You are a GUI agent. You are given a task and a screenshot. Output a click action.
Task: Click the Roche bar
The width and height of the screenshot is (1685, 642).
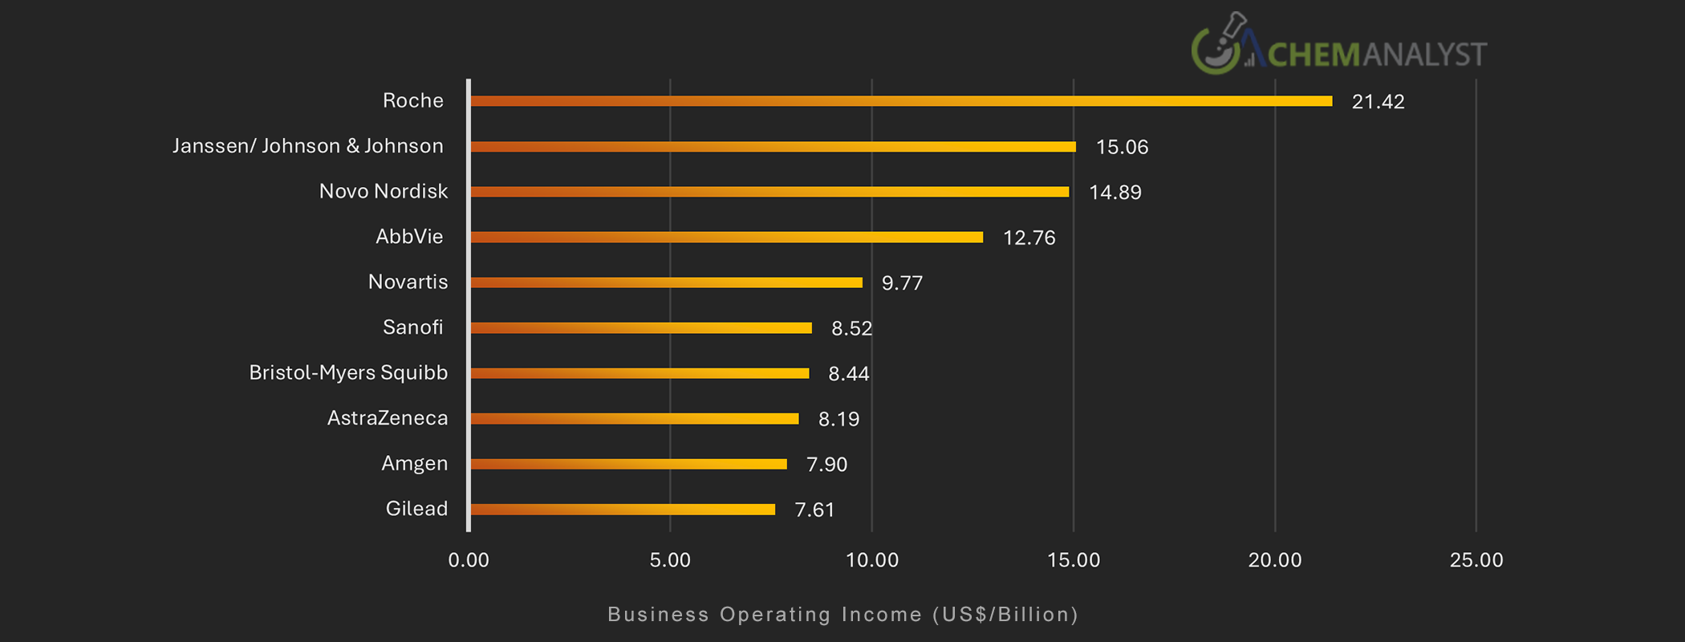900,101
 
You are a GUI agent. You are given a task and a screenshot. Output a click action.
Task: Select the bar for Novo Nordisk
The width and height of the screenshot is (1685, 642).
769,192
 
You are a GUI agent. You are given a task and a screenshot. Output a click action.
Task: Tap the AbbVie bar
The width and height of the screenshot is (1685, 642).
726,237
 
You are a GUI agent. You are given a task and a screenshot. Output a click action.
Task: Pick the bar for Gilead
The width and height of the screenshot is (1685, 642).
622,510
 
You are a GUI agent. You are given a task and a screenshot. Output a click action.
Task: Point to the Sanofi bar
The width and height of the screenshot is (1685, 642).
640,327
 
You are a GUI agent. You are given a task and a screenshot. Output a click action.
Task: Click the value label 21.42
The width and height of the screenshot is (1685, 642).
1378,102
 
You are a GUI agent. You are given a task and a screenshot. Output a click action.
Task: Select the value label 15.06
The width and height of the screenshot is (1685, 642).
1122,147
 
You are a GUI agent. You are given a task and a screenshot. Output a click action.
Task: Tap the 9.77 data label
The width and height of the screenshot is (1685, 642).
902,283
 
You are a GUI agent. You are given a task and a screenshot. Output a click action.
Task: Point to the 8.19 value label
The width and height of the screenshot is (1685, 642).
838,419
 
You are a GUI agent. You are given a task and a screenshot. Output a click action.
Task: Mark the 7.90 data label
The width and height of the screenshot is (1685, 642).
826,465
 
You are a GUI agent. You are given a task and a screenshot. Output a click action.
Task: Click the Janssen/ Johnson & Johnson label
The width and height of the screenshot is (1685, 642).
308,146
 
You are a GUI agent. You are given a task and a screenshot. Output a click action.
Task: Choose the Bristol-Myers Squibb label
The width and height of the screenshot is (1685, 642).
348,373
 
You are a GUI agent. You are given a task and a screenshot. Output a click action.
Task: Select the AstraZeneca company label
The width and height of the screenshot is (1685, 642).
388,418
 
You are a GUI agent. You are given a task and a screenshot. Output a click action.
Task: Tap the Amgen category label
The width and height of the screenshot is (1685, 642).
414,464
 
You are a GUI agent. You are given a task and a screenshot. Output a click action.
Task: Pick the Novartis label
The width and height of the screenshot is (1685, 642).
408,282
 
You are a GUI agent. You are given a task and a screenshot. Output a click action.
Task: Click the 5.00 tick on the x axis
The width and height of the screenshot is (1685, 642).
670,560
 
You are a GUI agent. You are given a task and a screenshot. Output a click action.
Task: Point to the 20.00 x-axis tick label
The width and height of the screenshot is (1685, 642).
1274,560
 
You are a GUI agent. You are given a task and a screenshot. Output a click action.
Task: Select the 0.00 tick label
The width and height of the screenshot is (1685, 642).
469,560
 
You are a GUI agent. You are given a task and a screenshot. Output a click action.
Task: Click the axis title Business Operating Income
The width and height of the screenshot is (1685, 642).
842,615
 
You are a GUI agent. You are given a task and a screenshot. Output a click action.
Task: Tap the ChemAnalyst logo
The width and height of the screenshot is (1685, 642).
1338,47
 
